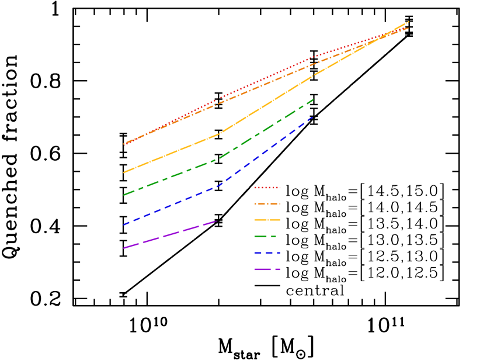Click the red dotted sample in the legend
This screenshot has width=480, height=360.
(267, 188)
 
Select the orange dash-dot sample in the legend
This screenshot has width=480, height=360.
(267, 204)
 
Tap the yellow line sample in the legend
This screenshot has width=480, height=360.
(267, 220)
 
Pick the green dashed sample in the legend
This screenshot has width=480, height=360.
(266, 236)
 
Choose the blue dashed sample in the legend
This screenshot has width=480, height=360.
(267, 252)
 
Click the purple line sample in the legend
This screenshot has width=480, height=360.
(267, 269)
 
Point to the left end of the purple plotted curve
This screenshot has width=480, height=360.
(124, 248)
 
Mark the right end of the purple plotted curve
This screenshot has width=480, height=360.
(218, 220)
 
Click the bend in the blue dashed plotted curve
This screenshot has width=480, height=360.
(219, 186)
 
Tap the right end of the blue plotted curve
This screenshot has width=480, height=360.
(314, 116)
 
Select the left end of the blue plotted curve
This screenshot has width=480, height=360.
(124, 224)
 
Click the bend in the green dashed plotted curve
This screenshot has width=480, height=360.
(219, 158)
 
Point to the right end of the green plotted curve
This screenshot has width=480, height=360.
(314, 99)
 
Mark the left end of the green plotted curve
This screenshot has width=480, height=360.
(124, 195)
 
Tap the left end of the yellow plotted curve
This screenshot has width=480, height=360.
(124, 172)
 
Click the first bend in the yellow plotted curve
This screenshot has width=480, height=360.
(219, 134)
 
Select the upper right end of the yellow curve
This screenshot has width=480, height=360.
(409, 22)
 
